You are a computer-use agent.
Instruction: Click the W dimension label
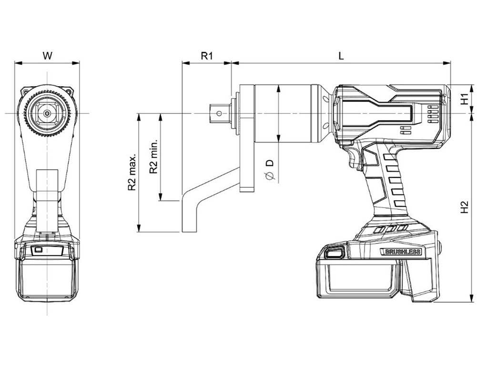[47, 56]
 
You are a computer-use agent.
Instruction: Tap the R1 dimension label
[207, 56]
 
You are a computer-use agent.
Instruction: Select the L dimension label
[341, 56]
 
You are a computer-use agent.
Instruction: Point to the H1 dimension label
[465, 99]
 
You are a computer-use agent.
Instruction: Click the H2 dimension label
[465, 207]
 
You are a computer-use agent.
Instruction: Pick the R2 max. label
[132, 172]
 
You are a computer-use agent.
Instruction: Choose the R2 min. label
[153, 156]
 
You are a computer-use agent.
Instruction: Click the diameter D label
[270, 169]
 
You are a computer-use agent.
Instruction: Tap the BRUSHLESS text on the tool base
[403, 252]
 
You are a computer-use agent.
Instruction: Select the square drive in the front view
[47, 113]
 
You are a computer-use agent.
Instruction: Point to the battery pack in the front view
[47, 277]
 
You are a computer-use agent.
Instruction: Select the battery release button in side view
[334, 252]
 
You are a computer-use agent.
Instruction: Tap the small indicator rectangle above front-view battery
[38, 250]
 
